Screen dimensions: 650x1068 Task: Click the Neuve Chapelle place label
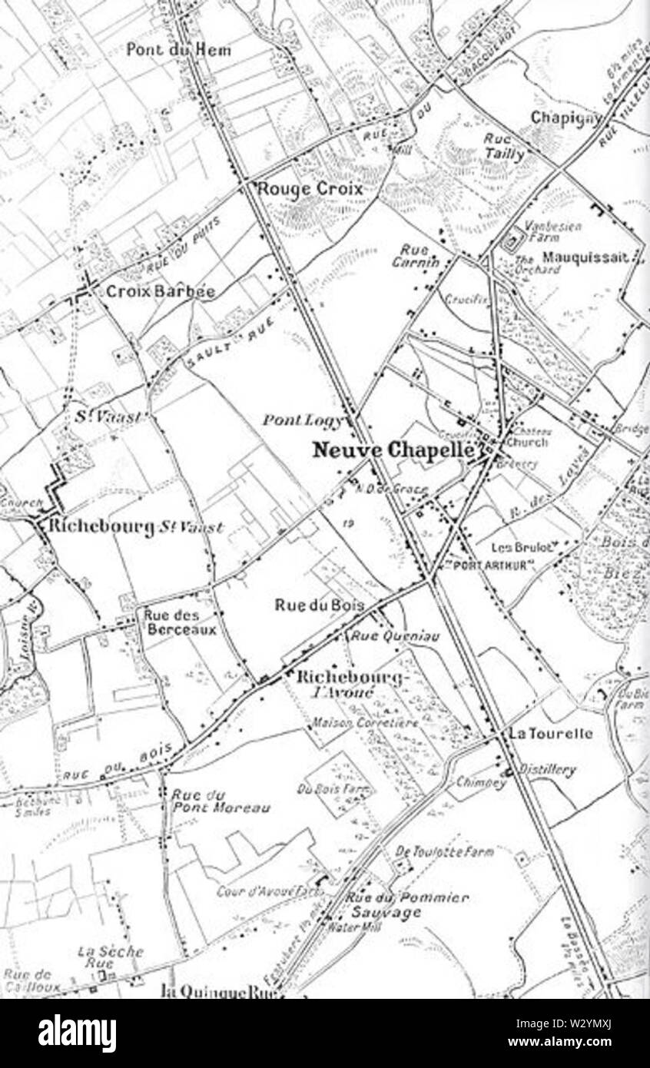tap(393, 450)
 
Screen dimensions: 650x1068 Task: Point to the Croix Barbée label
tap(160, 292)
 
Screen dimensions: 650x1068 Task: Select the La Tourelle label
tap(551, 734)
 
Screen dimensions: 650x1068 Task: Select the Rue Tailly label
tap(504, 146)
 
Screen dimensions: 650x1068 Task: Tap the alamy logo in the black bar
tap(77, 1033)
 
